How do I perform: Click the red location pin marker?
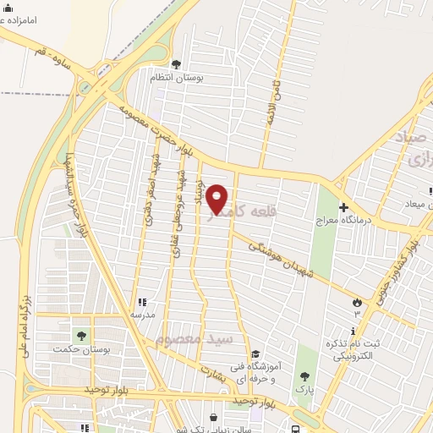[217, 199]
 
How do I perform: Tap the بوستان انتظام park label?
[176, 77]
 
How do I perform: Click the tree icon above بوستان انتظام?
[176, 63]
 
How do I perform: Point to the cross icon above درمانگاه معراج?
[343, 206]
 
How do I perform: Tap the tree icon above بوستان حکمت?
[81, 336]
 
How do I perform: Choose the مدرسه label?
[141, 315]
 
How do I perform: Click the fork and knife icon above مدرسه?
[141, 302]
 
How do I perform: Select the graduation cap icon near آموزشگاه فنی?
[255, 354]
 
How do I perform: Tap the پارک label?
[304, 389]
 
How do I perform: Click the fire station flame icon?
[357, 302]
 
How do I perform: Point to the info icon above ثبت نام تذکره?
[354, 330]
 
